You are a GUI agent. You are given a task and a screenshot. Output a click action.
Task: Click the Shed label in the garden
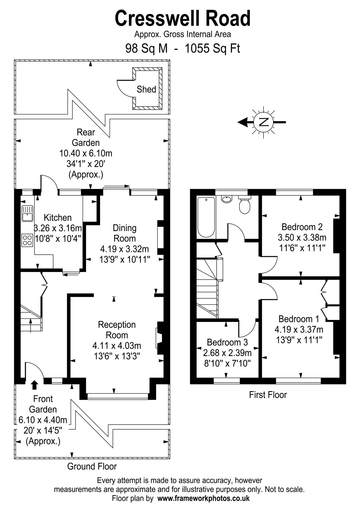pyautogui.click(x=146, y=89)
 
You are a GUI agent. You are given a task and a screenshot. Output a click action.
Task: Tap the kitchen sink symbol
pyautogui.click(x=27, y=213)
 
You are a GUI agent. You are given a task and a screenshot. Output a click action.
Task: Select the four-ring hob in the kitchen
pyautogui.click(x=27, y=240)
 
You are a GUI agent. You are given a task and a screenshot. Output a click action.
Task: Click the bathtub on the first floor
pyautogui.click(x=206, y=217)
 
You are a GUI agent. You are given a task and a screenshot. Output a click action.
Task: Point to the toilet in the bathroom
pyautogui.click(x=245, y=204)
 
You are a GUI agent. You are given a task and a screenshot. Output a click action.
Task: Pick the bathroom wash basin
pyautogui.click(x=227, y=199)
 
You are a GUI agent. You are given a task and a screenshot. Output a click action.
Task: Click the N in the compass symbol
pyautogui.click(x=263, y=122)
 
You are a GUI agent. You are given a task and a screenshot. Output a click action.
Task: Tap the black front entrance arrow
pyautogui.click(x=34, y=384)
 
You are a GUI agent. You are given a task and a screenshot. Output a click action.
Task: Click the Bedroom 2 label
pyautogui.click(x=302, y=227)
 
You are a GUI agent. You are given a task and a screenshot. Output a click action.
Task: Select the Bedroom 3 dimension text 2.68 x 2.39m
pyautogui.click(x=227, y=353)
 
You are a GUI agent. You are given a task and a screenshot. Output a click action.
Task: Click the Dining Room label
pyautogui.click(x=125, y=233)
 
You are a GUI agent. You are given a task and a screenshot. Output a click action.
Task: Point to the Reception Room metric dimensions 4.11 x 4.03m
pyautogui.click(x=117, y=346)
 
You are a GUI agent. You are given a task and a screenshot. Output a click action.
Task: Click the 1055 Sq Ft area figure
pyautogui.click(x=212, y=48)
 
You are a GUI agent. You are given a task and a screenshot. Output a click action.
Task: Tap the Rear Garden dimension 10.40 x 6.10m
pyautogui.click(x=86, y=153)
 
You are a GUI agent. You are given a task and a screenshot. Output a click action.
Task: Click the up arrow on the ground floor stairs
pyautogui.click(x=31, y=325)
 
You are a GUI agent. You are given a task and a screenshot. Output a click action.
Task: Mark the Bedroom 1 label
pyautogui.click(x=299, y=319)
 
